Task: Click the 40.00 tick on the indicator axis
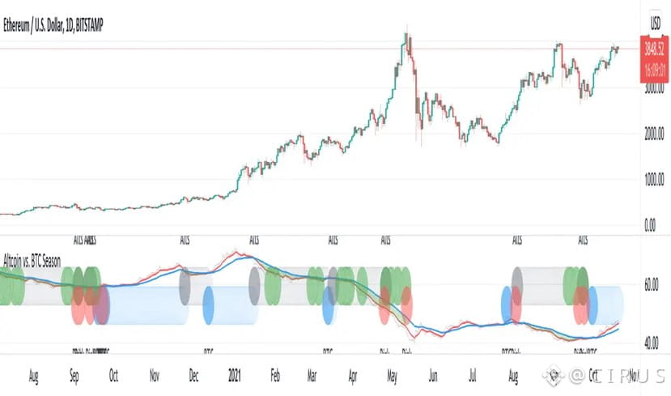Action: (652, 343)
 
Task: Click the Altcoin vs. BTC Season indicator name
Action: (32, 261)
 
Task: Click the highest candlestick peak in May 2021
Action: (406, 35)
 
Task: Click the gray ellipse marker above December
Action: (185, 285)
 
